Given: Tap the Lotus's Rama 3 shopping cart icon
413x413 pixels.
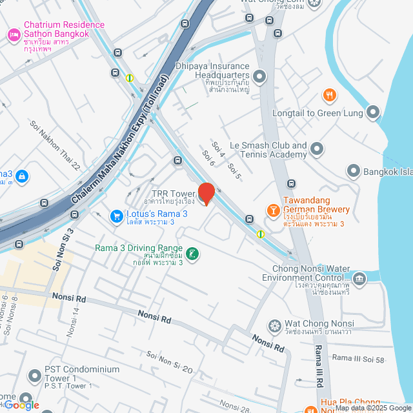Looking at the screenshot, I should [x=116, y=216].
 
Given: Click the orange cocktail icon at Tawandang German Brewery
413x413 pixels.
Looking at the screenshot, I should [x=273, y=210].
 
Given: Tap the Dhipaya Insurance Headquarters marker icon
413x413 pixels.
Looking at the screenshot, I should [x=259, y=77].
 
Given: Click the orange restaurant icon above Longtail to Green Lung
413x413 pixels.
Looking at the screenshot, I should [x=330, y=96].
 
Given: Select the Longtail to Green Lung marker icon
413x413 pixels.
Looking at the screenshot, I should [x=373, y=113].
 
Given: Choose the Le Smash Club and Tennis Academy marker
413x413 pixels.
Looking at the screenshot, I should [x=316, y=150].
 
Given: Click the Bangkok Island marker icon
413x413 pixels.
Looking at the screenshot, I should [x=353, y=172].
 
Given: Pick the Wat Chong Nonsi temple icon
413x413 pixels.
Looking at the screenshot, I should [x=274, y=325].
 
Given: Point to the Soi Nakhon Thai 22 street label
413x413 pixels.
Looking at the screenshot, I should [x=54, y=145].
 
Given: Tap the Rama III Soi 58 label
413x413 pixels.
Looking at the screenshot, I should [x=358, y=358].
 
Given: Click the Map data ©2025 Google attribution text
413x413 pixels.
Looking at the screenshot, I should [x=372, y=408].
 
